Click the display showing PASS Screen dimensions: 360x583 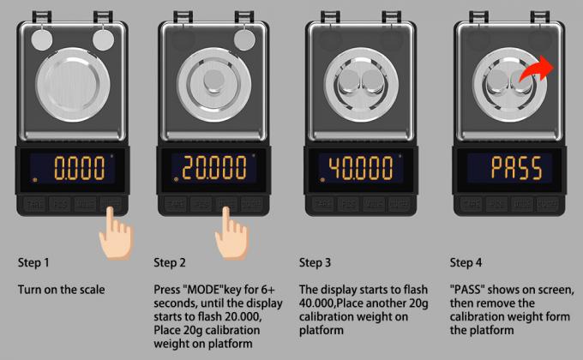point(506,168)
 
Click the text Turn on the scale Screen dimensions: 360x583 point(62,290)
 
